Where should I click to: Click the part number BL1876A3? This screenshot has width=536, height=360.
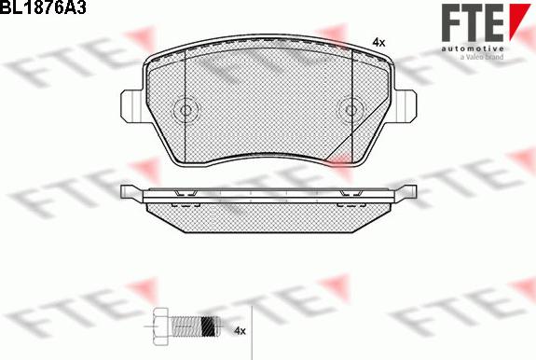click(x=43, y=7)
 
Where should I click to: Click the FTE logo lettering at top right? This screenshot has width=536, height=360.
click(x=473, y=23)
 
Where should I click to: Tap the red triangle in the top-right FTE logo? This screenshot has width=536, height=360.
click(x=519, y=20)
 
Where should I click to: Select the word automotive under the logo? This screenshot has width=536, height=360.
click(x=473, y=48)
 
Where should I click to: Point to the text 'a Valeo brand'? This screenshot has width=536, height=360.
click(x=482, y=57)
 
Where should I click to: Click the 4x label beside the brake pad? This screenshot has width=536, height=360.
click(x=378, y=43)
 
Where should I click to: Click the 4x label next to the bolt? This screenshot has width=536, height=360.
click(x=240, y=330)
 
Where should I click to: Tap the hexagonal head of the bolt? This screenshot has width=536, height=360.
click(x=160, y=325)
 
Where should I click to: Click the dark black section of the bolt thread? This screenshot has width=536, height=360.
click(x=209, y=326)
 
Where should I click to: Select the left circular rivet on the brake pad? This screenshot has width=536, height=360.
click(x=186, y=110)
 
